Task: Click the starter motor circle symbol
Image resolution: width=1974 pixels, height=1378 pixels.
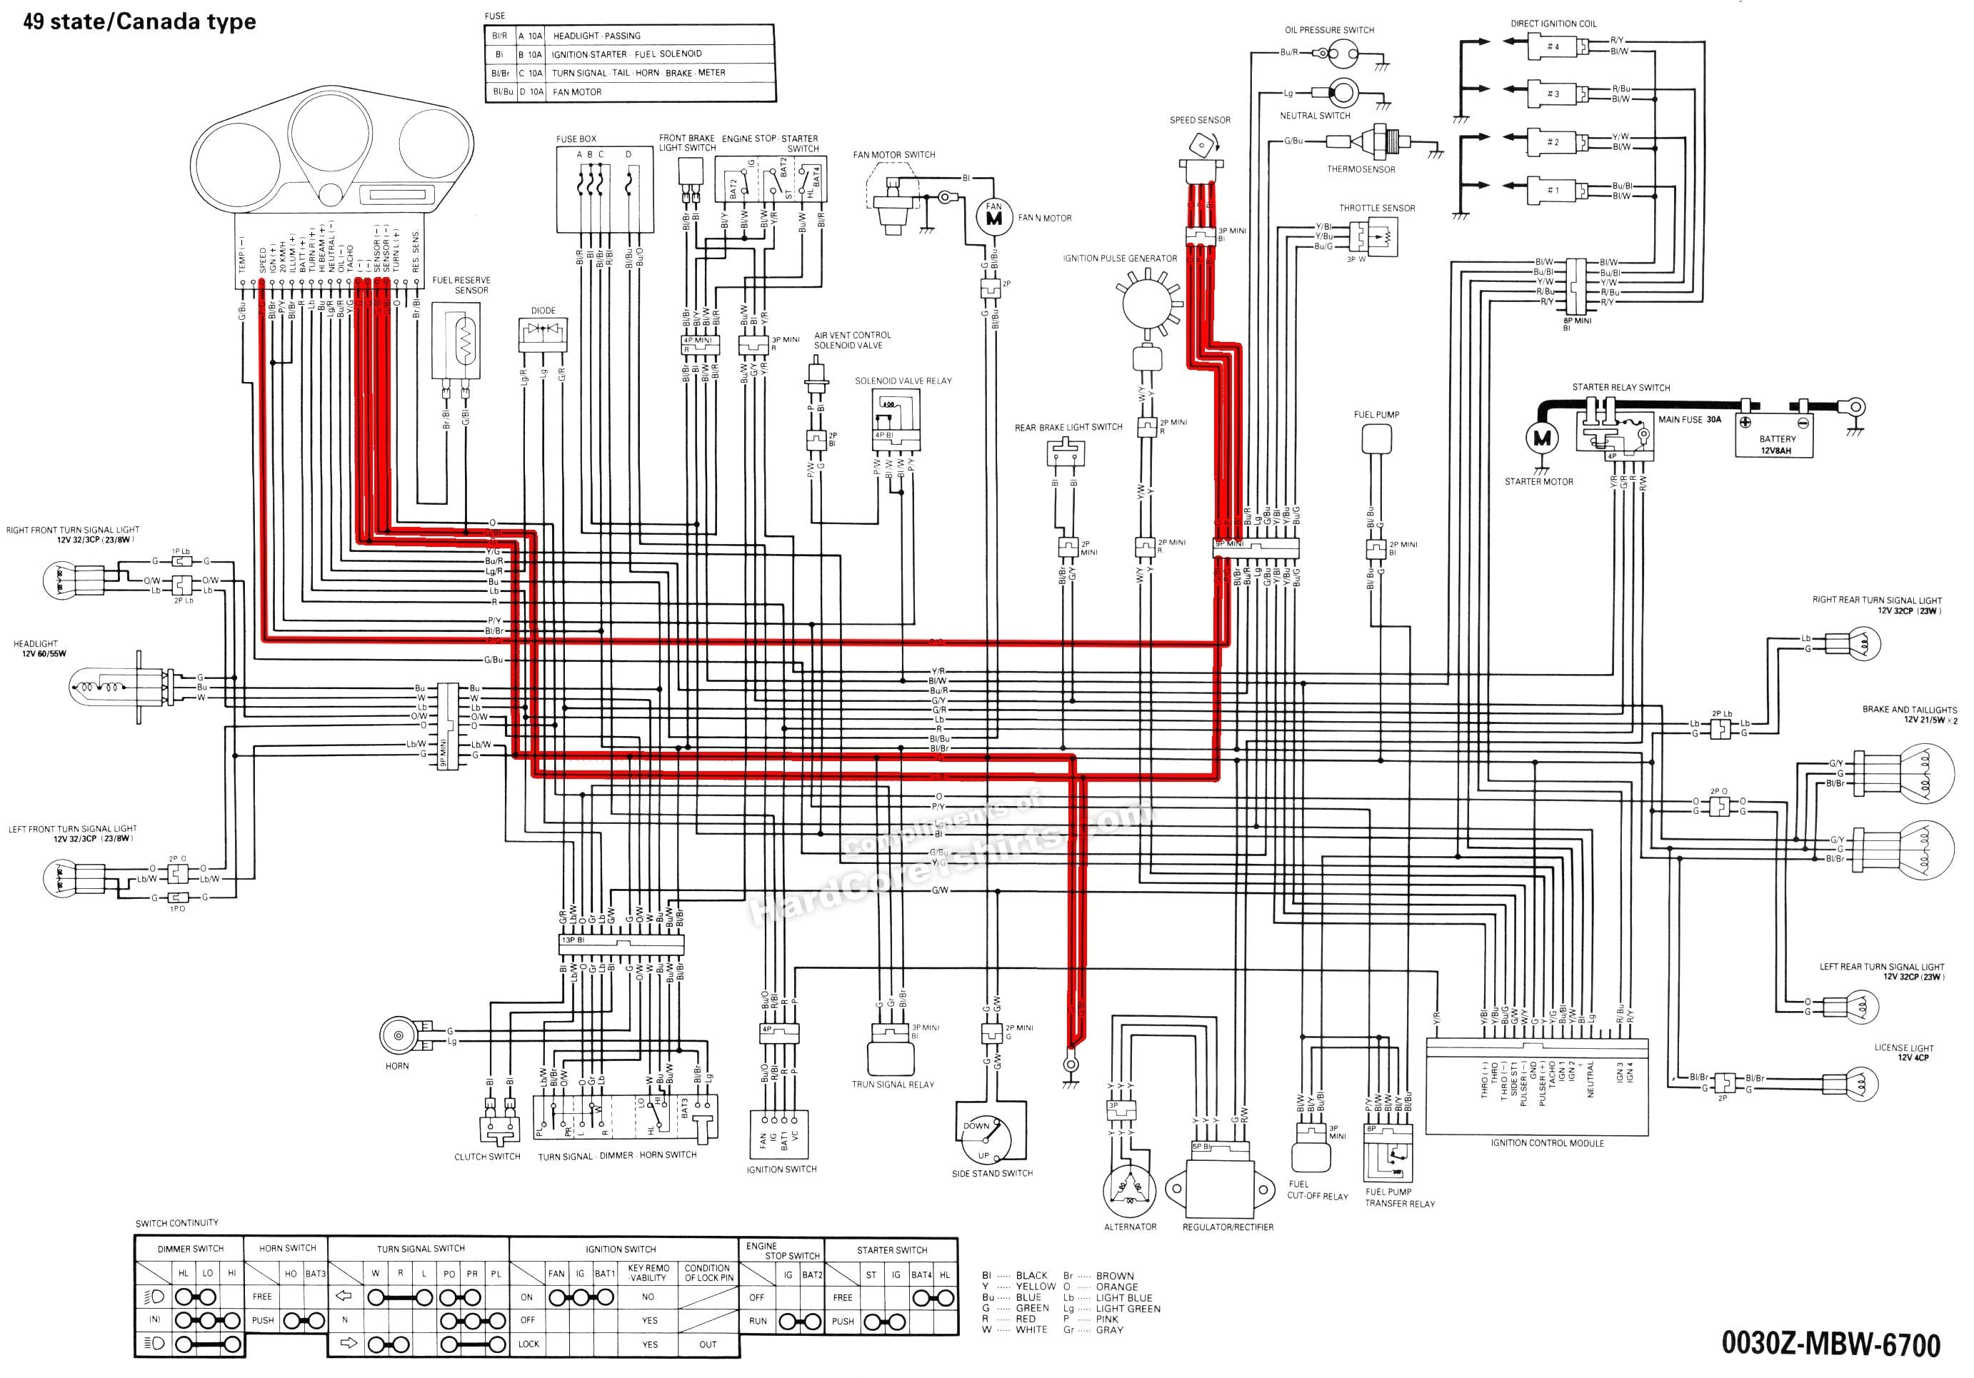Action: [1540, 438]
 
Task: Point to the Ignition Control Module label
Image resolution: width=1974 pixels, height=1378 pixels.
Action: [1547, 1143]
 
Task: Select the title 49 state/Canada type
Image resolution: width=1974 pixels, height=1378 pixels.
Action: [139, 21]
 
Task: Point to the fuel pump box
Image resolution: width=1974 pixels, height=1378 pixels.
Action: [1376, 439]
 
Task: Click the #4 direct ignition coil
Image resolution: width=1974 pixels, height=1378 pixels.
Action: [1553, 46]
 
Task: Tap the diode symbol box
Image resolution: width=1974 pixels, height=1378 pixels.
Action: [543, 333]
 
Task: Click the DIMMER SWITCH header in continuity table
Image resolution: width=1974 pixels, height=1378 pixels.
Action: [190, 1248]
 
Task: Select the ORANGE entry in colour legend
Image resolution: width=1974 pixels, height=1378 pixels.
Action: [1116, 1287]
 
